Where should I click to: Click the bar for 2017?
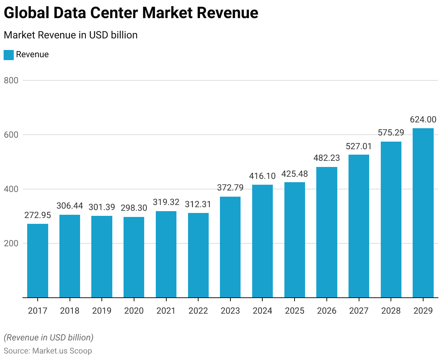(38, 260)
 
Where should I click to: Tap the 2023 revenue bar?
(230, 247)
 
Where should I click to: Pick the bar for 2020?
(134, 257)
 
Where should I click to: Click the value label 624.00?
(423, 120)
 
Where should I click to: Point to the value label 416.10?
(262, 176)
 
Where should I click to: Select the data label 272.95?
(38, 215)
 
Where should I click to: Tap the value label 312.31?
(198, 204)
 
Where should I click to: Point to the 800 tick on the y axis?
(11, 80)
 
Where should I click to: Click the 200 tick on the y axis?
(11, 243)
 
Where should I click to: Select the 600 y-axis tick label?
(11, 135)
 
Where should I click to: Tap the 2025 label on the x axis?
(295, 311)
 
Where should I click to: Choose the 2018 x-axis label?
(70, 311)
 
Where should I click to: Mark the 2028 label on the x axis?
(391, 311)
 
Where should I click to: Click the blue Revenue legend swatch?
(9, 55)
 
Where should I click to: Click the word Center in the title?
(113, 13)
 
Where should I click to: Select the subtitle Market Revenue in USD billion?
(71, 35)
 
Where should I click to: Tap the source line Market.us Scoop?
(48, 351)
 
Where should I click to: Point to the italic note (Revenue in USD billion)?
(49, 338)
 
